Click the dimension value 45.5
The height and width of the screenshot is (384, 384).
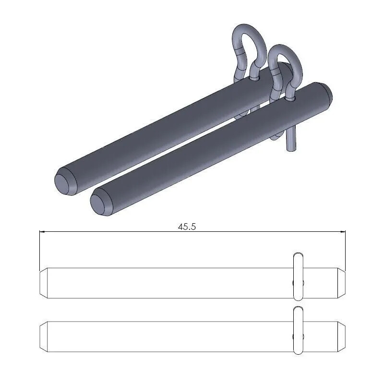click(x=187, y=227)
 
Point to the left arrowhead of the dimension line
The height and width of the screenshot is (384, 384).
click(x=42, y=232)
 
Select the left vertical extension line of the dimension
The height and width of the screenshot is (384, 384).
click(x=39, y=250)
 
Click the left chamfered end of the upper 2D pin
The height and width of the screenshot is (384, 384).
click(x=43, y=283)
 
